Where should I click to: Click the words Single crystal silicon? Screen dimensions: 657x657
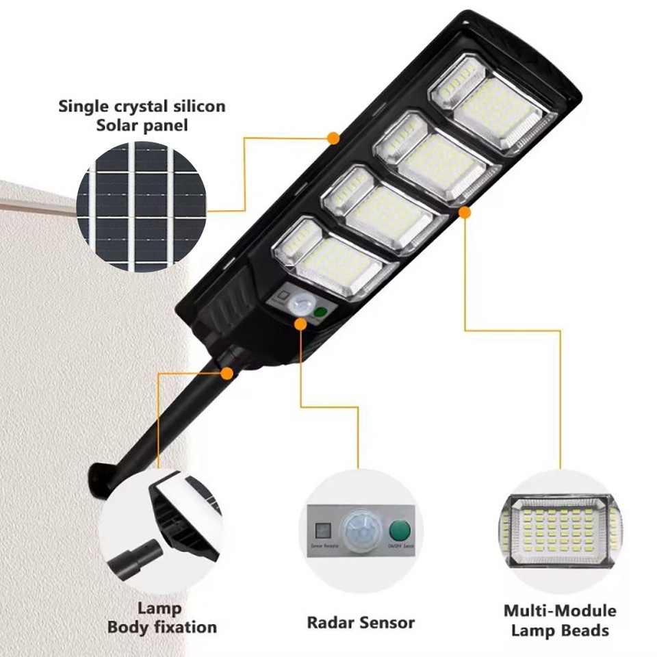(x=142, y=107)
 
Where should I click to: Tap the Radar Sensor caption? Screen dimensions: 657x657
(x=360, y=623)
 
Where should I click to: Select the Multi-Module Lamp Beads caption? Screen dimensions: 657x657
(x=560, y=620)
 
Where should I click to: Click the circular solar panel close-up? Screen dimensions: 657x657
(x=141, y=209)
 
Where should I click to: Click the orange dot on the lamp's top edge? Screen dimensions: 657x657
(x=333, y=139)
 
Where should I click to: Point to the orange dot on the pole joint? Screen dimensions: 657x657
(x=227, y=373)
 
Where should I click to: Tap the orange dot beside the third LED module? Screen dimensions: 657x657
(x=464, y=213)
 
